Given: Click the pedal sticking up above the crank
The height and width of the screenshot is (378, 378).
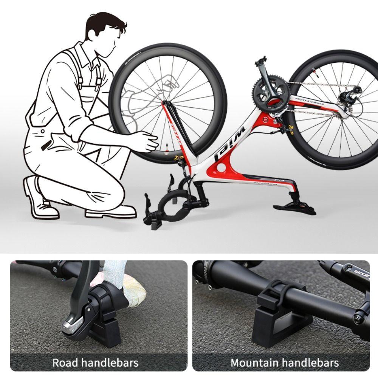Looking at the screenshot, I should (261, 60).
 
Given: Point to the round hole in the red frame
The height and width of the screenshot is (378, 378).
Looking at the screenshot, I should (221, 167).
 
